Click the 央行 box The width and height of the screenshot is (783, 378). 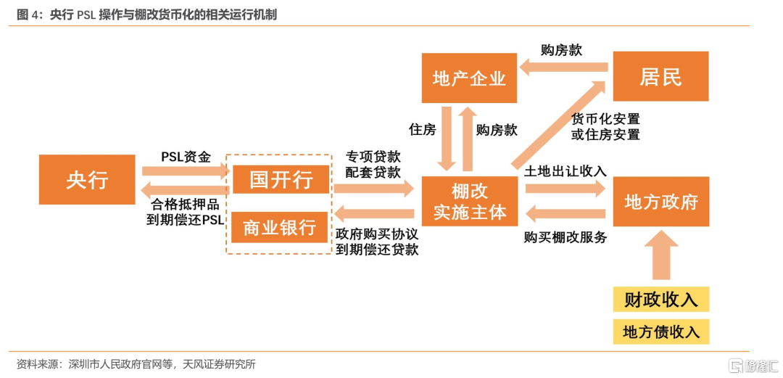[x=87, y=179]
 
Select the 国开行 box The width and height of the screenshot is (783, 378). [x=281, y=179]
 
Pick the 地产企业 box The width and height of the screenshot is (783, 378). [x=469, y=78]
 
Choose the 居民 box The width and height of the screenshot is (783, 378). [x=660, y=76]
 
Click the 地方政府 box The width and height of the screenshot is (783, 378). [x=660, y=202]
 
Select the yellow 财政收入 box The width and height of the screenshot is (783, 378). [x=660, y=300]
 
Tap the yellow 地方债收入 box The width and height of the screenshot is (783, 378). [x=660, y=332]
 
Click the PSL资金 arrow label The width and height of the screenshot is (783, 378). [x=186, y=157]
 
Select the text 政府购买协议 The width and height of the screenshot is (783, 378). [x=377, y=234]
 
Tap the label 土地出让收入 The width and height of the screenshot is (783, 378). [x=565, y=171]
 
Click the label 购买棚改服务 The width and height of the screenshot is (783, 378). [x=565, y=237]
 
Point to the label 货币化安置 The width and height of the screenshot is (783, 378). [x=605, y=119]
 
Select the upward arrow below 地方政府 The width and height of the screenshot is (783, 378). [x=661, y=255]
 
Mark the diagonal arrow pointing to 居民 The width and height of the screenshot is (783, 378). [x=560, y=125]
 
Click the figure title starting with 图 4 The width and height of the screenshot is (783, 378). [x=146, y=15]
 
